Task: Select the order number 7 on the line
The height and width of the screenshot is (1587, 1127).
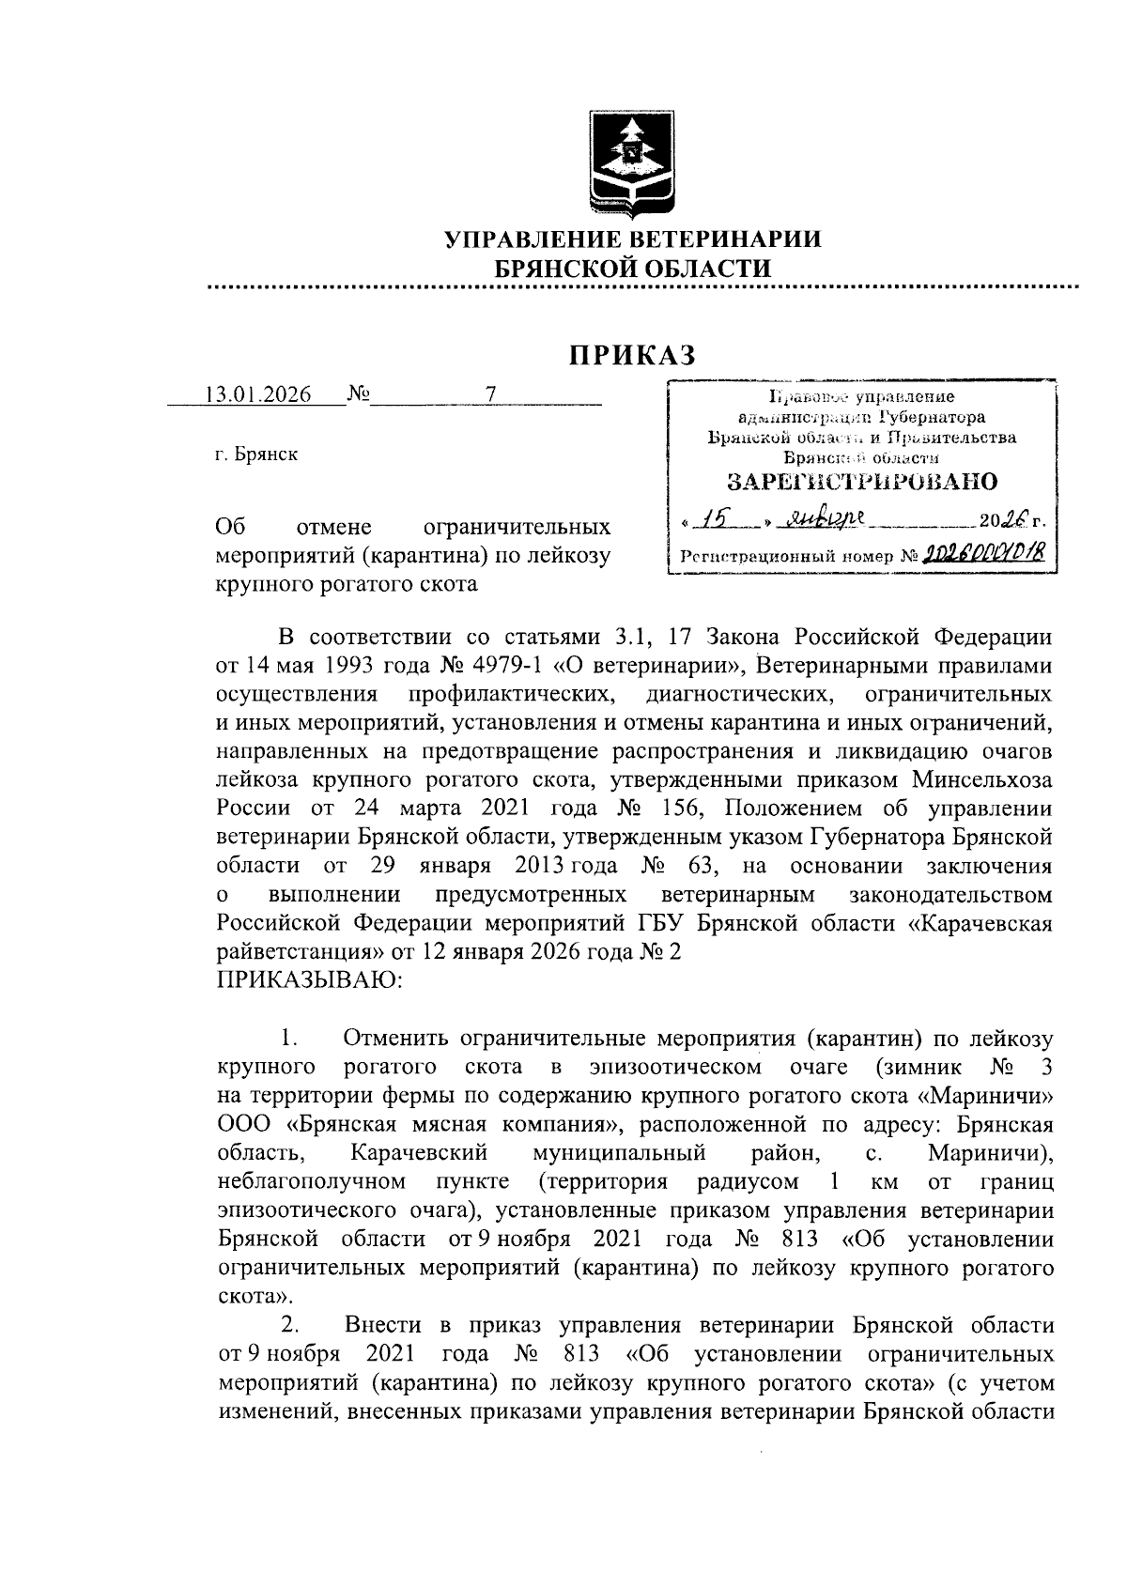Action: (489, 394)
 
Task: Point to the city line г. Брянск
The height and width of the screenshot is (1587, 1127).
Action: (256, 455)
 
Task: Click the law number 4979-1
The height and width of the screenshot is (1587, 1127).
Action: (505, 667)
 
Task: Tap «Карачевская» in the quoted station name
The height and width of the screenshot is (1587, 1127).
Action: (980, 923)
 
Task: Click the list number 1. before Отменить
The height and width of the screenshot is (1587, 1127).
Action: (289, 1039)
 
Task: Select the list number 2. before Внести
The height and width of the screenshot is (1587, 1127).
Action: (289, 1325)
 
